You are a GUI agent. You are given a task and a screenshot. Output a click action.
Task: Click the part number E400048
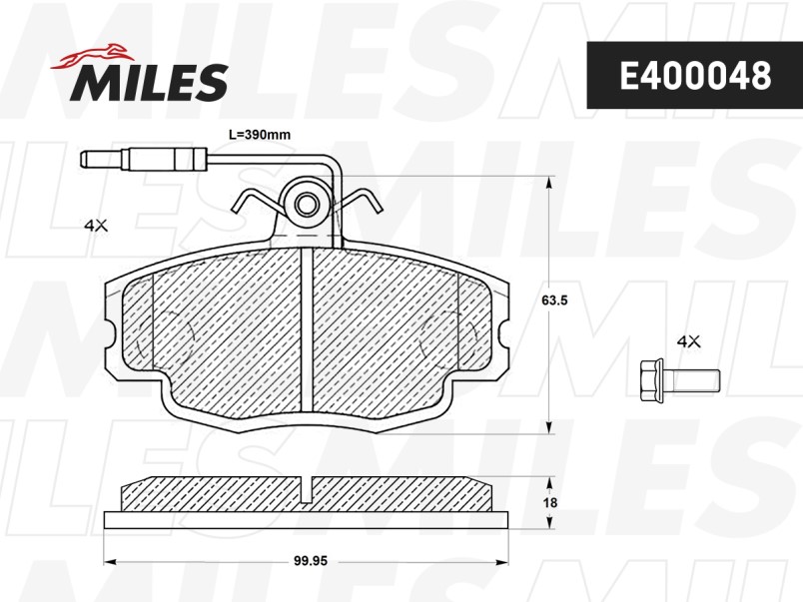coord(695,76)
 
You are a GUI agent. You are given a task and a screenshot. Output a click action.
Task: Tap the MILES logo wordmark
coord(149,82)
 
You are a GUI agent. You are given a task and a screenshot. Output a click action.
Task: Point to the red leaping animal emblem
coord(92,56)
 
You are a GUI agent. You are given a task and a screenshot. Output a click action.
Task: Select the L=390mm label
coord(259,135)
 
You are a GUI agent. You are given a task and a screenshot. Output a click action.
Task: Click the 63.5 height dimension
coord(554,300)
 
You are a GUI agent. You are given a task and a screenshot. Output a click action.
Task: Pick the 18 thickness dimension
coord(550,503)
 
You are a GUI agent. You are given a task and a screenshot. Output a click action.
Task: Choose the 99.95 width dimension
coord(311,561)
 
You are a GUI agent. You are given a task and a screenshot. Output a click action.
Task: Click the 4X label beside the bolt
coord(688,341)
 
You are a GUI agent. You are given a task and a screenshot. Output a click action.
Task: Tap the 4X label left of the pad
coord(96,225)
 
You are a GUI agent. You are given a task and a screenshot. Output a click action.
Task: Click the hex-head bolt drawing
coord(679,379)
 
